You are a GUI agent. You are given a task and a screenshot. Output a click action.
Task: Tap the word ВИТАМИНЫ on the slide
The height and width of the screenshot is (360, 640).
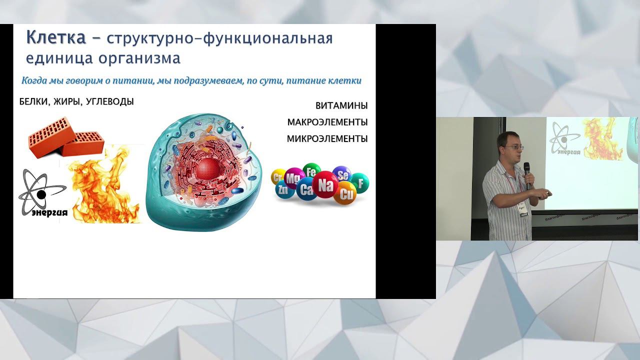[x=341, y=106]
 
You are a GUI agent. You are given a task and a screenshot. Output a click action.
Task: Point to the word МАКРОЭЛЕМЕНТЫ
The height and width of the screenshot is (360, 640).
[x=327, y=122]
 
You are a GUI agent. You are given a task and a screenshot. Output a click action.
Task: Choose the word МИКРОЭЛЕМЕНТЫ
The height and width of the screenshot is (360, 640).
[x=327, y=139]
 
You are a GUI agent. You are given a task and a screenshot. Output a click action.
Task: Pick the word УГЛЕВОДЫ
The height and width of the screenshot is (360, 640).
[x=110, y=102]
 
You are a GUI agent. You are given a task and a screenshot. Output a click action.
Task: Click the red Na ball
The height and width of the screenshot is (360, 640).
[x=325, y=185]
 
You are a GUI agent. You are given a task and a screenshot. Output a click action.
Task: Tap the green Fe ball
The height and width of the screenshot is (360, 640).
[x=311, y=171]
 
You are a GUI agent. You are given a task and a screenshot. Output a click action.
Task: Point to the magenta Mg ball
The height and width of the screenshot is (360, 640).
[x=294, y=177]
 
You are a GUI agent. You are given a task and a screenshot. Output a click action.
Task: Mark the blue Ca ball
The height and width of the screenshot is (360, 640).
[x=306, y=189]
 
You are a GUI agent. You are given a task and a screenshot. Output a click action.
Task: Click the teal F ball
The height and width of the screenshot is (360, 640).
[x=360, y=182]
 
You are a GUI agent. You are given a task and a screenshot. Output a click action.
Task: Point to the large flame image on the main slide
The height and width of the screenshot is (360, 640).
[x=105, y=187]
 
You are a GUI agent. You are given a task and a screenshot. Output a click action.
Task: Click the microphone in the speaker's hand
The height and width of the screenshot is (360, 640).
[x=527, y=172]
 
